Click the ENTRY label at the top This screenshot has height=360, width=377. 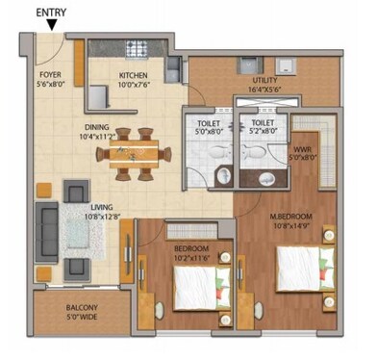click(x=51, y=13)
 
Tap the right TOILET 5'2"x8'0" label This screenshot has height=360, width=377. click(x=263, y=123)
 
